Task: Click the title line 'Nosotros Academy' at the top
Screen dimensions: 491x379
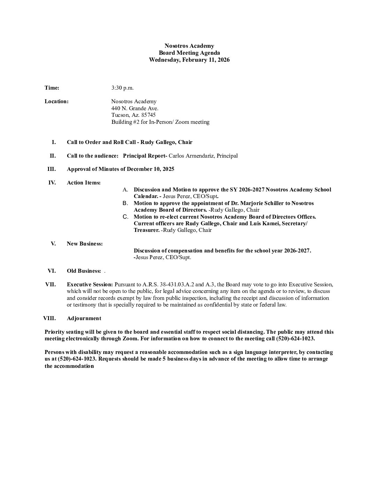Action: point(189,46)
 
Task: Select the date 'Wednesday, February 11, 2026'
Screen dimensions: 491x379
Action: point(189,60)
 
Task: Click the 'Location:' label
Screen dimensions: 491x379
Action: point(56,101)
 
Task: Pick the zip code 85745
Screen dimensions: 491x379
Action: point(149,115)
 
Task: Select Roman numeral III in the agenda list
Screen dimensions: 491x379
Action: point(51,169)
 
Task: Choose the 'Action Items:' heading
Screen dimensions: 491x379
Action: point(84,183)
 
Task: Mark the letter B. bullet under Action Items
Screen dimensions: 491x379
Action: point(125,203)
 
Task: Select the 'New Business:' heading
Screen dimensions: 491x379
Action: point(85,244)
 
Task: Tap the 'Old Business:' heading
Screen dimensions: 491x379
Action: point(84,271)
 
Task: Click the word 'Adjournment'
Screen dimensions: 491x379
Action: point(84,318)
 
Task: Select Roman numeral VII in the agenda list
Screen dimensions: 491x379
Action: point(50,284)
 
